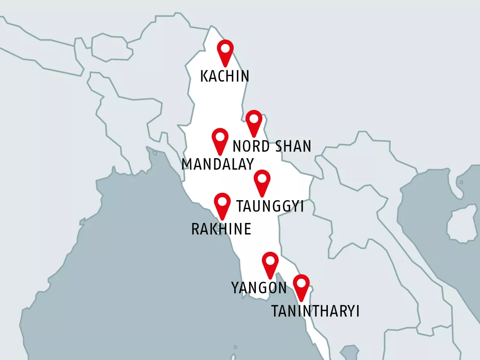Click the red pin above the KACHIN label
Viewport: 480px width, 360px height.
(225, 51)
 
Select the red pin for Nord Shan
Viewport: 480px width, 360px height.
(254, 121)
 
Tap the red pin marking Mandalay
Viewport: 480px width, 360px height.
(220, 140)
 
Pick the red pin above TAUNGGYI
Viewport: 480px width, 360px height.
(262, 181)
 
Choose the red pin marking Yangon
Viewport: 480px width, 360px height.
(270, 263)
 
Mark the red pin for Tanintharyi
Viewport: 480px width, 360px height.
(301, 286)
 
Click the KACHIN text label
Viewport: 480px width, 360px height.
(225, 76)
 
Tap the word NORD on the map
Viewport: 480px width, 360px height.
(251, 146)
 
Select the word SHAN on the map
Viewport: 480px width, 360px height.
(292, 146)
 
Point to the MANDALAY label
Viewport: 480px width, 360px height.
(218, 164)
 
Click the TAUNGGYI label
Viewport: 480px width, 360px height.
(270, 206)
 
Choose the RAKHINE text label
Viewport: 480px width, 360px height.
(221, 229)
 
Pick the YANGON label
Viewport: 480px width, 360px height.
(259, 288)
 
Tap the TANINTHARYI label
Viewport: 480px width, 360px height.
(315, 312)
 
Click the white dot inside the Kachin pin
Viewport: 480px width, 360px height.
(225, 48)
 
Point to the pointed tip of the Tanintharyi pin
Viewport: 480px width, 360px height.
(301, 301)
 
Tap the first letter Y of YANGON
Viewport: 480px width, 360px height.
(236, 288)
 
